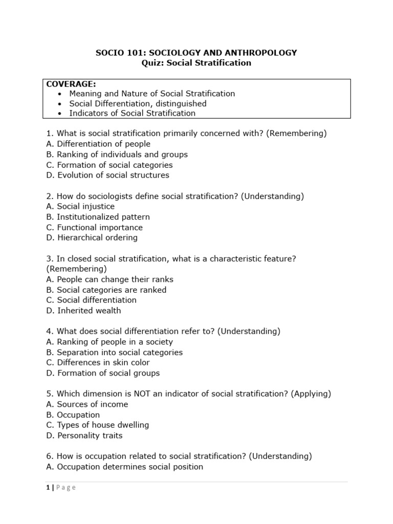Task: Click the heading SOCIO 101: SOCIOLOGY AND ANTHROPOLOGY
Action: (x=196, y=53)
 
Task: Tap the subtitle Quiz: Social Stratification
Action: (x=196, y=63)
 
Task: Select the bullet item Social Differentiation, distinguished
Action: (x=138, y=103)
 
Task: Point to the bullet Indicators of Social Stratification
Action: (x=132, y=113)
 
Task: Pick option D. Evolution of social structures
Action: (x=107, y=175)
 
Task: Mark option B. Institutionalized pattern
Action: (x=98, y=217)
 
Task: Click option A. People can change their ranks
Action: (x=110, y=279)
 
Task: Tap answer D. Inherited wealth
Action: (x=83, y=311)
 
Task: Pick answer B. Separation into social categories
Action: (x=114, y=352)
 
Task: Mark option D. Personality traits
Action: (x=84, y=435)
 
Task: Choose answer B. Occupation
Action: (x=73, y=414)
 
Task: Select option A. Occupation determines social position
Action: (x=124, y=467)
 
